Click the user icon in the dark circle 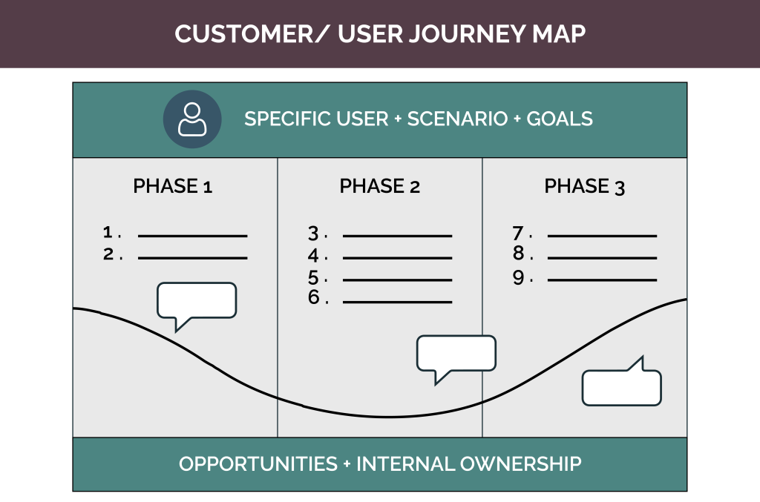pos(192,119)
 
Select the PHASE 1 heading pos(173,186)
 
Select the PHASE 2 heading pos(379,186)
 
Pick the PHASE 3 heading pos(585,186)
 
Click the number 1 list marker pos(108,233)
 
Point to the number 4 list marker pos(314,256)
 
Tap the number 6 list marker pos(314,298)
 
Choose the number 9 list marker pos(518,278)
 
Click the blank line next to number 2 pos(192,258)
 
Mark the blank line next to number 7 pos(602,236)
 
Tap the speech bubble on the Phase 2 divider pos(456,354)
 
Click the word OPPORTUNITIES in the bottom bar pos(258,464)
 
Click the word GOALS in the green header pos(560,119)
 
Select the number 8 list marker pos(518,254)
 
